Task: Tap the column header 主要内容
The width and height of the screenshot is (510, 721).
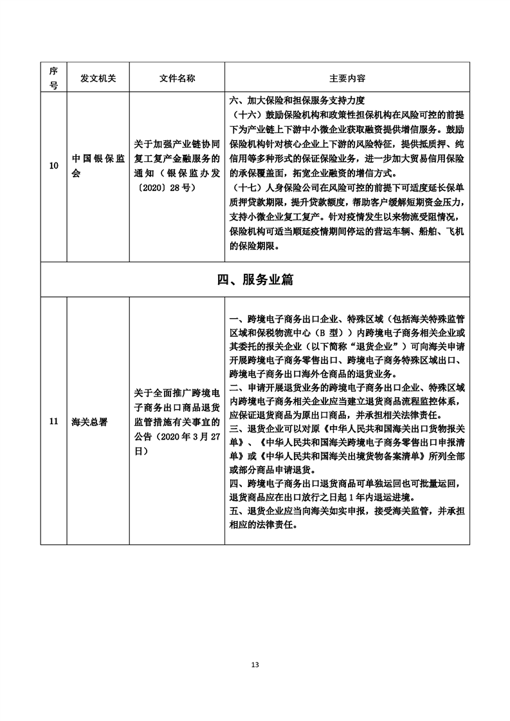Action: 347,78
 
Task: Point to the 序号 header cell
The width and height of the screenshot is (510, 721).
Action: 53,78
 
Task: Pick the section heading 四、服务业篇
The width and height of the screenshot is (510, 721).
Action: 255,280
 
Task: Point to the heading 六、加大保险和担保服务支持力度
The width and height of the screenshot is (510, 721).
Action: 296,100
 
